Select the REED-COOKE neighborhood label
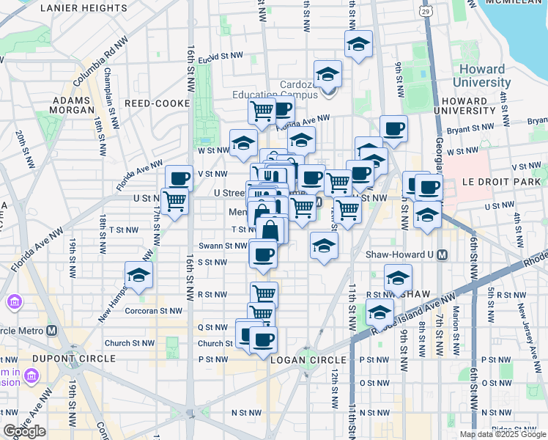click(157, 103)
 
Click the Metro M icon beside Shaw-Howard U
click(442, 255)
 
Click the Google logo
click(24, 431)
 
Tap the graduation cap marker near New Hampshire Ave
click(137, 275)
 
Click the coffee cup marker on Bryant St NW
click(393, 128)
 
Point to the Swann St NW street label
click(222, 246)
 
